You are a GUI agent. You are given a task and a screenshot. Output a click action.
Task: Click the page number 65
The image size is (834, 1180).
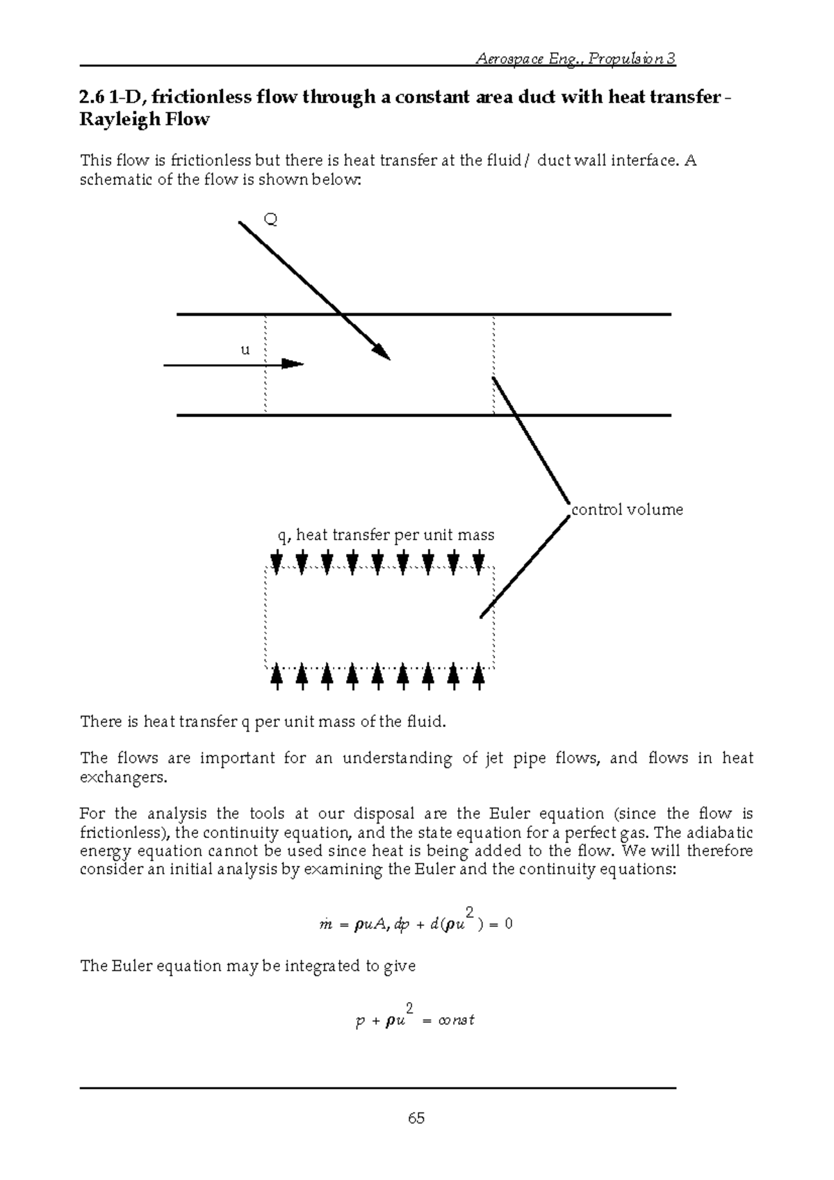pyautogui.click(x=416, y=1118)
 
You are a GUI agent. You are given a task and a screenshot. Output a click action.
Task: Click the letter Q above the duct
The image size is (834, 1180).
pyautogui.click(x=271, y=220)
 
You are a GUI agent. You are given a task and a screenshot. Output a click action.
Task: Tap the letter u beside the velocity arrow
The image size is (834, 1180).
pyautogui.click(x=245, y=350)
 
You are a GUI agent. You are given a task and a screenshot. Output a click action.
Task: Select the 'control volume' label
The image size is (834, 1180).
pyautogui.click(x=627, y=509)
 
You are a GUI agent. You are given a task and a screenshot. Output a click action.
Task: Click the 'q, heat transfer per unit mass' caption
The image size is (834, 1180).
pyautogui.click(x=386, y=535)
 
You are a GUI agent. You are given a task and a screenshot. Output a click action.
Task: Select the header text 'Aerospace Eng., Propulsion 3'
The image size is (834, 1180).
pyautogui.click(x=575, y=58)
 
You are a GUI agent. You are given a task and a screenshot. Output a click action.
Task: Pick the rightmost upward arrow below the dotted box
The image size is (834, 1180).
pyautogui.click(x=478, y=676)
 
